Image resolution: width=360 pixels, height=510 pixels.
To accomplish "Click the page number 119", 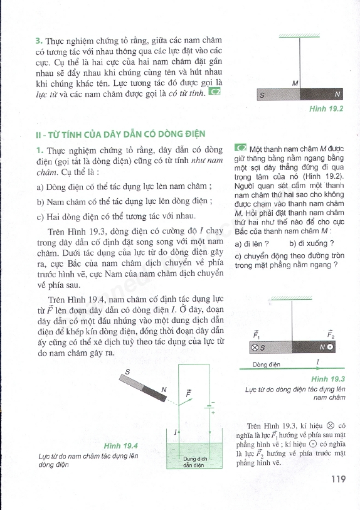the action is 339,479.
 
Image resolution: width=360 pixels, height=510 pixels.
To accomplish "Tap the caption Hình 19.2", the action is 326,109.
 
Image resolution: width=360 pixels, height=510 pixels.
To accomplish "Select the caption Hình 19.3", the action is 328,379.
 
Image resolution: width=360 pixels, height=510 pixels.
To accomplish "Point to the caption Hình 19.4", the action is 120,445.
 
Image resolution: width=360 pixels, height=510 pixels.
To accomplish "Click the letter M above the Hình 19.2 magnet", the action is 295,83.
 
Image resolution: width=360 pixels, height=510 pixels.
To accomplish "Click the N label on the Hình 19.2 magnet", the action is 337,94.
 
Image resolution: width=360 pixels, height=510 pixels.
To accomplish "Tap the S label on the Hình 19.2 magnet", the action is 262,95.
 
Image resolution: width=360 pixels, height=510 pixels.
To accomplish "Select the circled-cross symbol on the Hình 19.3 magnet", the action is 255,348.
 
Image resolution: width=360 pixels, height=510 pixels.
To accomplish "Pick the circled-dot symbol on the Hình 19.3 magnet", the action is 330,347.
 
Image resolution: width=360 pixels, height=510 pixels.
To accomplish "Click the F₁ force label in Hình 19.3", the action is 257,334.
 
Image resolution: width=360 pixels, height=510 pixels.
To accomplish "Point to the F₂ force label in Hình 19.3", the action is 331,334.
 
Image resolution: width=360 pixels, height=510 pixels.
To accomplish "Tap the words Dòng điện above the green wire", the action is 267,364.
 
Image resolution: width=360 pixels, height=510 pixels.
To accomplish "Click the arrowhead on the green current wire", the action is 318,368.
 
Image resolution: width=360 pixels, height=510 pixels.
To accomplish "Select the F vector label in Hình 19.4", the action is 188,393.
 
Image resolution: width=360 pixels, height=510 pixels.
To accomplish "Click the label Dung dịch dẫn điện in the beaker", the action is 195,462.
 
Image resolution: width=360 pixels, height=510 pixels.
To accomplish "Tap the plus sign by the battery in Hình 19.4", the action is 213,412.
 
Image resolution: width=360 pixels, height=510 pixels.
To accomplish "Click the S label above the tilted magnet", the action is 127,372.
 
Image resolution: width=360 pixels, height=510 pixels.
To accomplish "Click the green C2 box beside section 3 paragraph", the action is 214,92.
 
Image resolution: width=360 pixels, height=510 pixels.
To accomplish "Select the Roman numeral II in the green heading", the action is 38,134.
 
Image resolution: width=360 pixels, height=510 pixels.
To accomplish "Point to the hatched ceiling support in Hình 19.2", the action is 299,36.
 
